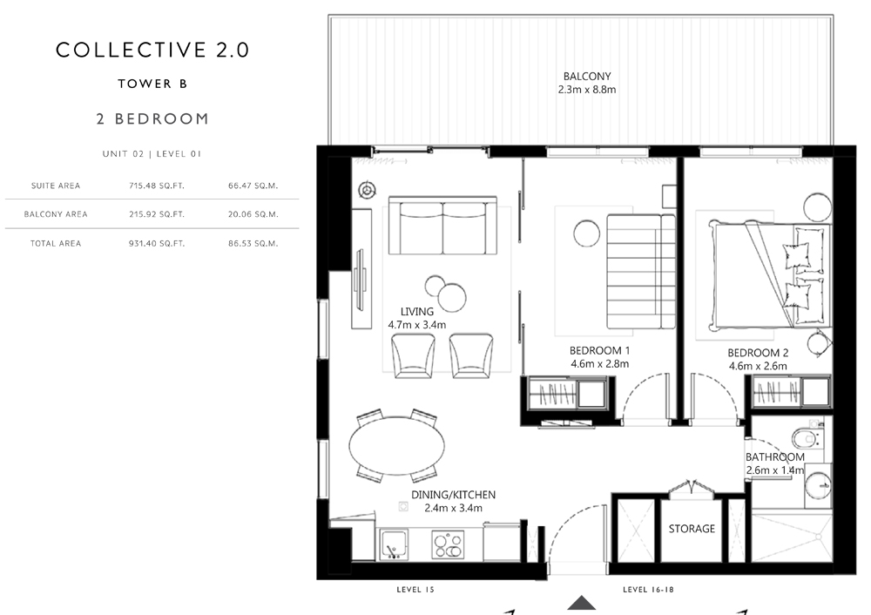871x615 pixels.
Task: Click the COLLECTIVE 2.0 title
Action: click(152, 50)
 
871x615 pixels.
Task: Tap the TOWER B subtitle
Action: click(152, 84)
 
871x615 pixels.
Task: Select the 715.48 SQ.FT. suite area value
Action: click(157, 186)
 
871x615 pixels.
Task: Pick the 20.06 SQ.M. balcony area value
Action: click(253, 214)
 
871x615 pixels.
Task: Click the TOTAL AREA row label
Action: click(56, 243)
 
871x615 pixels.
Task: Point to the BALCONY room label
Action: click(587, 76)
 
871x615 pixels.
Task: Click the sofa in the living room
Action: click(442, 225)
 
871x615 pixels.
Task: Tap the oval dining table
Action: click(396, 445)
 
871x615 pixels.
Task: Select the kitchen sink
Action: click(394, 544)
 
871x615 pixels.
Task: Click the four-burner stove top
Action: click(448, 544)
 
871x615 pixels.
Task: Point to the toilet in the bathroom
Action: click(806, 439)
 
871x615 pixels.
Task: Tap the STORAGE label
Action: click(692, 529)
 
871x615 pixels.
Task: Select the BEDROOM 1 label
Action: click(599, 350)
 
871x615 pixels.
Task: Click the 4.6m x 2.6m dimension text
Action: click(758, 366)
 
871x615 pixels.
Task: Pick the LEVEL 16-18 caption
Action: click(648, 590)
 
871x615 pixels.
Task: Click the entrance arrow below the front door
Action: click(582, 603)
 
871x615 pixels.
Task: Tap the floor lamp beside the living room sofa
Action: click(367, 191)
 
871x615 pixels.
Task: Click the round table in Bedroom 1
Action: click(586, 233)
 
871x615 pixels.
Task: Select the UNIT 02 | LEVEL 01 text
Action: click(152, 154)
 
